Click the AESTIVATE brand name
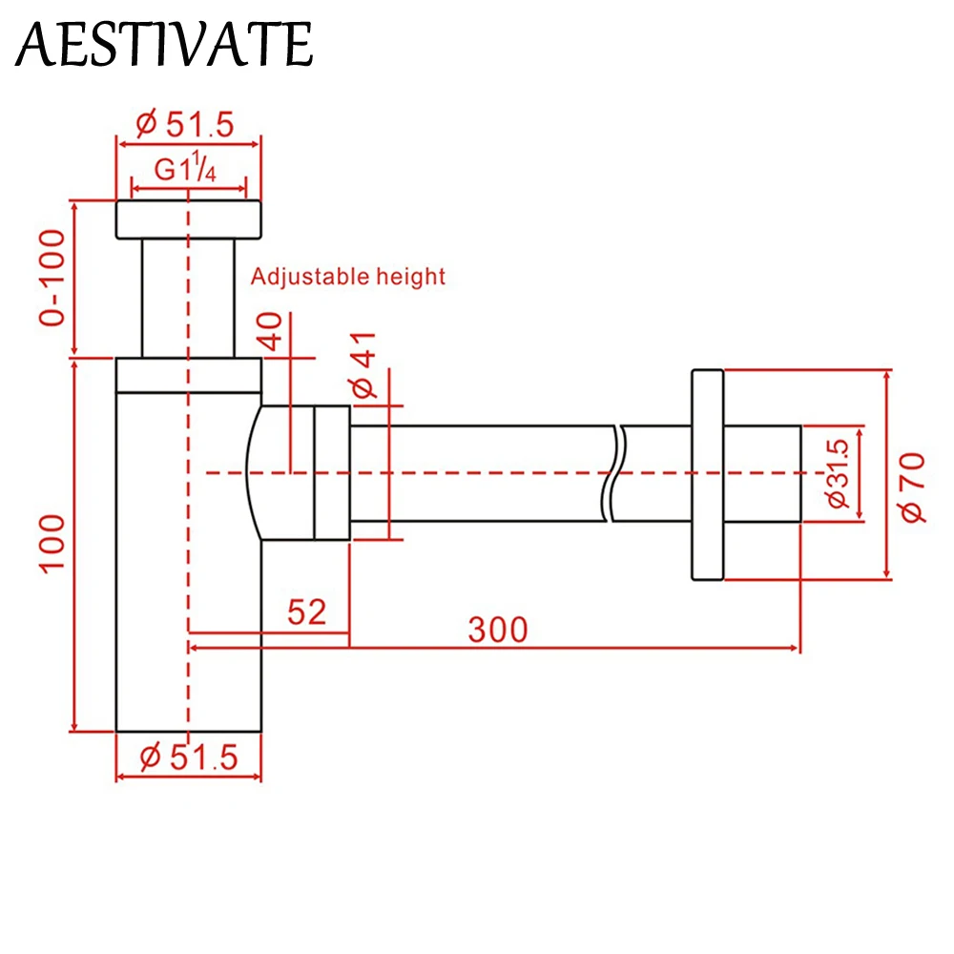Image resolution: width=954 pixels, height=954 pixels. point(164,43)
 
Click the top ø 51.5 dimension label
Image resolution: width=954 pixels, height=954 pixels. point(185,124)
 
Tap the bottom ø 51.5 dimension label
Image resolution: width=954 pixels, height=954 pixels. point(189,757)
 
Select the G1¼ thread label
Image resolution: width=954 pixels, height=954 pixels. point(185,168)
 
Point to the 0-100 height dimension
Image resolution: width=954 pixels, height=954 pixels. point(52,278)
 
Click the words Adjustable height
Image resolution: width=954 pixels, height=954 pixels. point(348,277)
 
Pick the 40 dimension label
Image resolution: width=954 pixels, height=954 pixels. point(271,332)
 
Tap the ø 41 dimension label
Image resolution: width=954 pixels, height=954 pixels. point(363,365)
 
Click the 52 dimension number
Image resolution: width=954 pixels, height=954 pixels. point(306,612)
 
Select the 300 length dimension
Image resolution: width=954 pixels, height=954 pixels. point(498,630)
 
